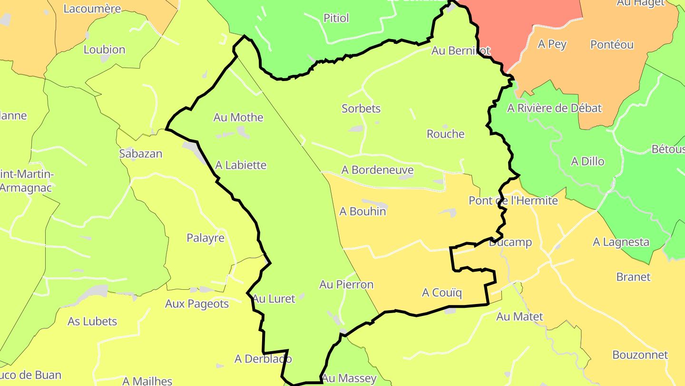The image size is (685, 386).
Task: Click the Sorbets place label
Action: tap(361, 109)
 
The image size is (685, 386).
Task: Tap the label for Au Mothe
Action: tap(238, 117)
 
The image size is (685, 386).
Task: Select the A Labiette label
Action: tap(241, 165)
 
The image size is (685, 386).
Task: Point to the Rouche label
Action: tap(445, 134)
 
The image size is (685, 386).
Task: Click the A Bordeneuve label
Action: tap(377, 170)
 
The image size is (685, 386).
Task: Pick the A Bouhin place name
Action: tap(362, 211)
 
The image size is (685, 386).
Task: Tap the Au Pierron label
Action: tap(346, 284)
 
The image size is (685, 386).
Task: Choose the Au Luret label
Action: tap(274, 299)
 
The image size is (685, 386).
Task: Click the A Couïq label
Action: tap(441, 293)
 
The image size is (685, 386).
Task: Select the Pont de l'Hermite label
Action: tap(513, 201)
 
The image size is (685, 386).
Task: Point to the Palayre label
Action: tap(205, 238)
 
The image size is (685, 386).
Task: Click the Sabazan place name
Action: tap(140, 154)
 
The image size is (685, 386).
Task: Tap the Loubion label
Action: tap(104, 50)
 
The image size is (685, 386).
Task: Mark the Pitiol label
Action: tap(336, 18)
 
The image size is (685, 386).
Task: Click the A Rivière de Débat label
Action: tap(554, 108)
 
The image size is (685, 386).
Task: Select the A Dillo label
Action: tap(587, 162)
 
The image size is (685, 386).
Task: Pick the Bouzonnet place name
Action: tap(640, 355)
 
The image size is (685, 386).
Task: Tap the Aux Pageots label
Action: tap(197, 304)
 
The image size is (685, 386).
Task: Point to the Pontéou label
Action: tap(612, 44)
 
